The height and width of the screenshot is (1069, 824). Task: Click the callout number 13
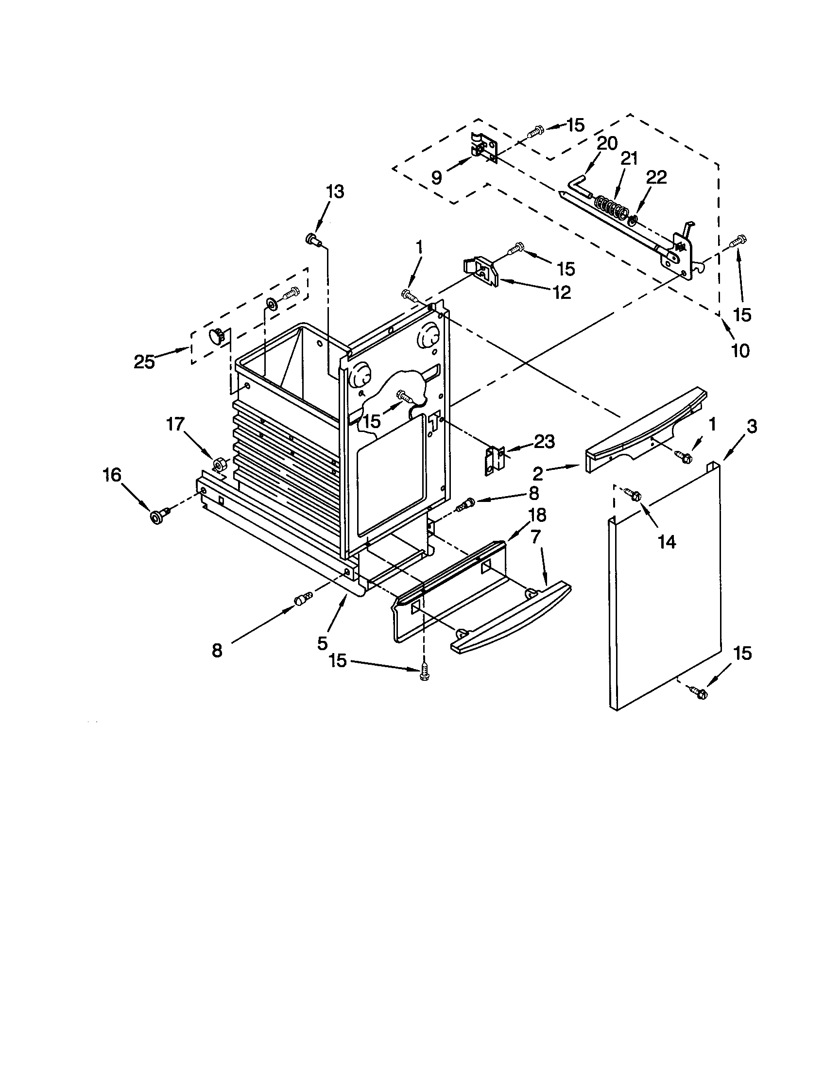point(336,192)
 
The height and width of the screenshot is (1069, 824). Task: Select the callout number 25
point(144,362)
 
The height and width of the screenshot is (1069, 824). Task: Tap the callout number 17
point(175,424)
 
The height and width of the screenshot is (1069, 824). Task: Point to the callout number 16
point(113,474)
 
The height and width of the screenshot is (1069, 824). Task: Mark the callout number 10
point(740,350)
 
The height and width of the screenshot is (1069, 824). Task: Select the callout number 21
point(629,159)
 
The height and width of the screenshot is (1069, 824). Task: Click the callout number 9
point(436,177)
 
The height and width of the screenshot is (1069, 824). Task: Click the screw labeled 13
point(312,240)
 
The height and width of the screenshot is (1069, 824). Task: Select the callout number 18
point(537,515)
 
